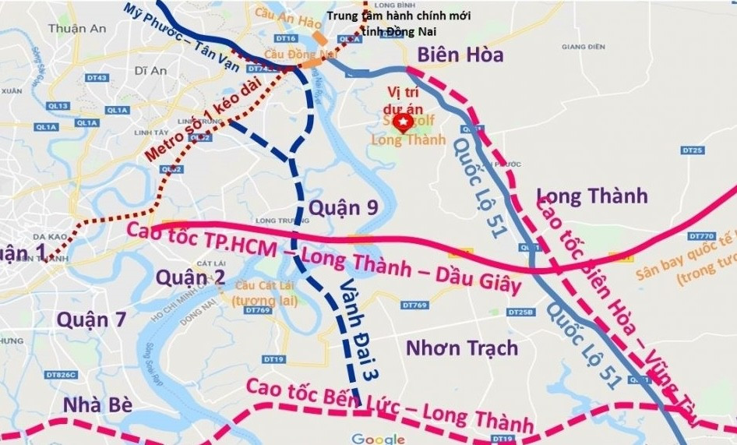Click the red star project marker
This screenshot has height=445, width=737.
tap(402, 123)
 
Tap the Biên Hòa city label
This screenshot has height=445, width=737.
tap(460, 55)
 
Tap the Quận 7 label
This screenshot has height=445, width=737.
tap(91, 319)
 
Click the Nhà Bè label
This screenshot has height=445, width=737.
tap(97, 404)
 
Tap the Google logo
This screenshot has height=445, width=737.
tap(378, 438)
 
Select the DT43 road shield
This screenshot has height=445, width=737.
tap(97, 78)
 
